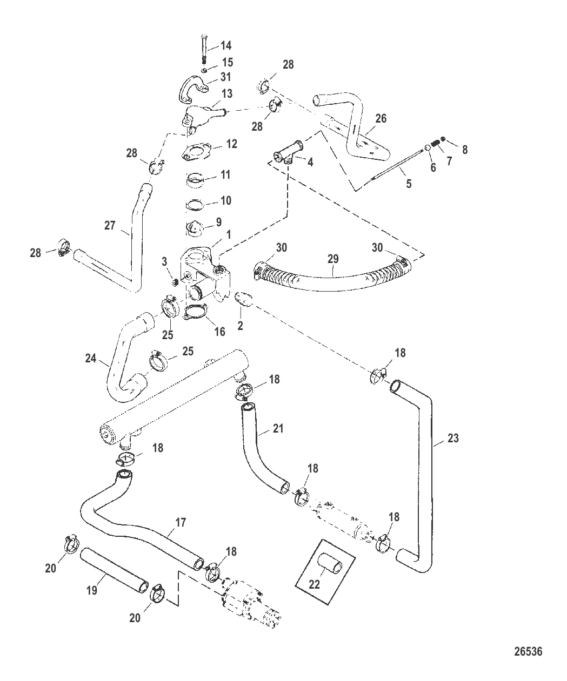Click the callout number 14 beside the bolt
coord(225,46)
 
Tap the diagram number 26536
coord(526,651)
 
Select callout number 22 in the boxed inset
coord(315,584)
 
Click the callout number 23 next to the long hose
coord(453,439)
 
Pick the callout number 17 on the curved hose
coord(181,522)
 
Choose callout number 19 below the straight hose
coord(92,590)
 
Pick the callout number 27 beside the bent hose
coord(110,225)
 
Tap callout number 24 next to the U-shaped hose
coord(91,358)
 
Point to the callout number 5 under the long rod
coord(409,184)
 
